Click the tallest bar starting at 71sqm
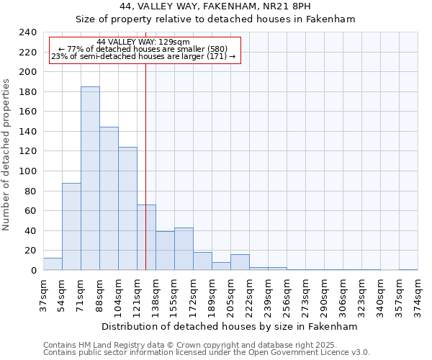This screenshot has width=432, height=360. coord(90,179)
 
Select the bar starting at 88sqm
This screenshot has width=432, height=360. coord(109,199)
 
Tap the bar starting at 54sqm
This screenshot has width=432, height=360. coord(71,227)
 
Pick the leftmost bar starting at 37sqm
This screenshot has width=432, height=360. coord(53,264)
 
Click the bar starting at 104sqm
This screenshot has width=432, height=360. coord(127,209)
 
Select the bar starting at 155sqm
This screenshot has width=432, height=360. coord(184,249)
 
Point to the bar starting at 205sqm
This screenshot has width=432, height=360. coord(240,263)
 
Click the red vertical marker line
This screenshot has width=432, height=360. coord(146,158)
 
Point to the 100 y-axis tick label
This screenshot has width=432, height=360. coord(27,171)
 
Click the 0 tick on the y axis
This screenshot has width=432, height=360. coord(33,271)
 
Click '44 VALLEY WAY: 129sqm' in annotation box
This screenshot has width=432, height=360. coord(143,42)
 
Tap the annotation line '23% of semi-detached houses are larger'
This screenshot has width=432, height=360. coord(143,56)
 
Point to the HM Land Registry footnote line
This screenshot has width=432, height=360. coord(204,345)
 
